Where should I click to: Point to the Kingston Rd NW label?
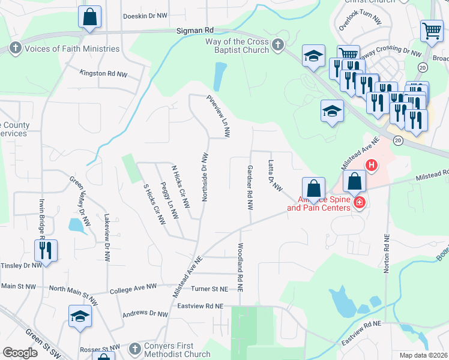point(104,73)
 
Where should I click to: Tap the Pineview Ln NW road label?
point(218,114)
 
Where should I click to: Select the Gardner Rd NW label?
point(250,188)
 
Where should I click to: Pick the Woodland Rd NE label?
point(240,267)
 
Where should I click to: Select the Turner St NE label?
point(209,289)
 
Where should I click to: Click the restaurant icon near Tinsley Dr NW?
point(46,250)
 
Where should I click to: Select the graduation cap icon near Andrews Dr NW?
point(80,316)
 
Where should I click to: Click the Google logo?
point(20,353)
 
